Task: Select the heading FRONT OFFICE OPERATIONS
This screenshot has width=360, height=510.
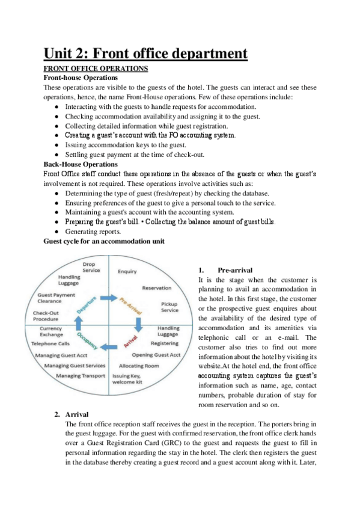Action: pos(96,69)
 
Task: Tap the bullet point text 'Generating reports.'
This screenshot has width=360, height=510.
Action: pos(93,232)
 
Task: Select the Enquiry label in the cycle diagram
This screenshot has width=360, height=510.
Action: pos(127,271)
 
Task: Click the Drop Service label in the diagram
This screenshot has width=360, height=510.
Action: pos(91,267)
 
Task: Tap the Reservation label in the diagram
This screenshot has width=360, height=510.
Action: pos(156,288)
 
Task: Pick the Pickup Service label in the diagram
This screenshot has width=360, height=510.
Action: pos(169,307)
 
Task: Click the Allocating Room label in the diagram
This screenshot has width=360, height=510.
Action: pos(139,366)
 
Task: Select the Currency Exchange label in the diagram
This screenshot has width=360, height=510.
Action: pos(51,332)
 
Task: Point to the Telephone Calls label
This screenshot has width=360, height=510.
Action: pos(50,344)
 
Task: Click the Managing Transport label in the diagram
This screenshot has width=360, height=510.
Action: pos(81,376)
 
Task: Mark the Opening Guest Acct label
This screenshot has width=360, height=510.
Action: pos(156,355)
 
